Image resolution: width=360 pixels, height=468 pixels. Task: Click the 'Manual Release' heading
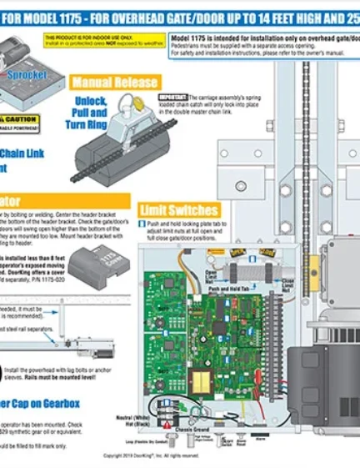coord(114,83)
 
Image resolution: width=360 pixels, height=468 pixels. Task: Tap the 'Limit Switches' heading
coord(179,210)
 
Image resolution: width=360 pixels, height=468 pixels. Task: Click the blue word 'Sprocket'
coord(27,75)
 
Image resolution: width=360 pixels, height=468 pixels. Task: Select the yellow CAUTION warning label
coord(18,119)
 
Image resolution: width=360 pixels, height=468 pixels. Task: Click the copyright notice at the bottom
coord(150,455)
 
